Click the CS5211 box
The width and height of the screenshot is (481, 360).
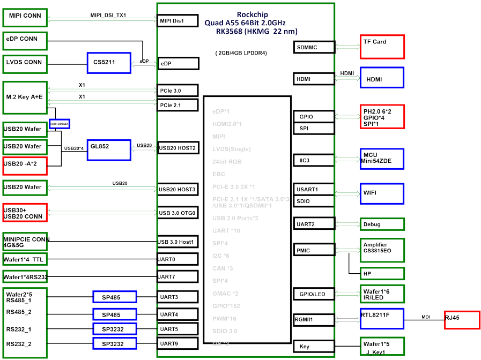pyautogui.click(x=109, y=63)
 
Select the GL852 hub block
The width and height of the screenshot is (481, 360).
pyautogui.click(x=109, y=149)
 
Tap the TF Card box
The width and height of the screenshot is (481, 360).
pyautogui.click(x=382, y=47)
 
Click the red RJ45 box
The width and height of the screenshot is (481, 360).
pyautogui.click(x=461, y=319)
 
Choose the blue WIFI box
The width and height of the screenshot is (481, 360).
pyautogui.click(x=382, y=193)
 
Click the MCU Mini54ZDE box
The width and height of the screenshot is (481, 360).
pyautogui.click(x=382, y=160)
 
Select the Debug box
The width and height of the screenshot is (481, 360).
pyautogui.click(x=382, y=224)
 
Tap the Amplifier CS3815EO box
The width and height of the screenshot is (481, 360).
pyautogui.click(x=382, y=250)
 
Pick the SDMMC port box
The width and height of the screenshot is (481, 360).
pyautogui.click(x=314, y=47)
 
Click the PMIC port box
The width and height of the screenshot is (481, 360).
pyautogui.click(x=314, y=250)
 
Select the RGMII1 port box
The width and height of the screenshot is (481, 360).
pyautogui.click(x=314, y=319)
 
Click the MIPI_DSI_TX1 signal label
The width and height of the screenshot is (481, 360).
pyautogui.click(x=108, y=15)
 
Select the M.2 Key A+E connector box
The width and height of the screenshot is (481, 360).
pyautogui.click(x=25, y=97)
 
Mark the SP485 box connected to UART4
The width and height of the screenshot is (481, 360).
pyautogui.click(x=115, y=314)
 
